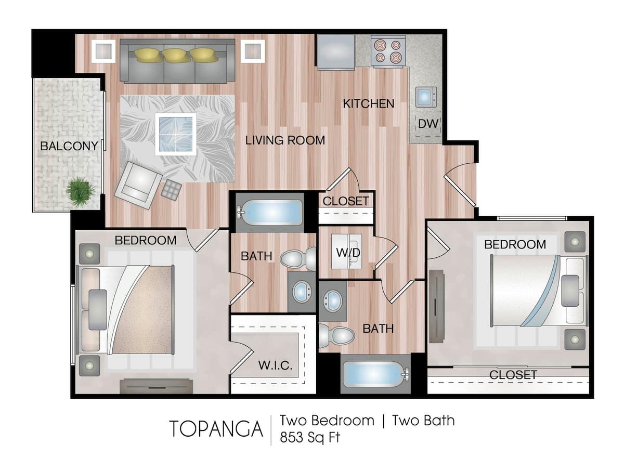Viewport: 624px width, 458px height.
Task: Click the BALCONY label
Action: click(69, 146)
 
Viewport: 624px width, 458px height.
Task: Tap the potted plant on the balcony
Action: click(80, 191)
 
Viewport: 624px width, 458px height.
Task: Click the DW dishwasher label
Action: click(428, 124)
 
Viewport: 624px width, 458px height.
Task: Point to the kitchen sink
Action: click(426, 97)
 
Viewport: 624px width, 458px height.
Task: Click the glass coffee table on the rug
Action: click(175, 134)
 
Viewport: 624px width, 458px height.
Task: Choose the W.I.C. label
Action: click(275, 365)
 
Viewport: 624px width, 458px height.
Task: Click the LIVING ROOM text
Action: click(285, 140)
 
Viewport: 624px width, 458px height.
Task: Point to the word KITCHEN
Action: click(368, 103)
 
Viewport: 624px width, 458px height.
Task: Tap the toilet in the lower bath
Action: click(335, 335)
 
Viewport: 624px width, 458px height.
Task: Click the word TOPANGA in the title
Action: click(216, 428)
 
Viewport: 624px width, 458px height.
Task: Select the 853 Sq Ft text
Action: click(310, 437)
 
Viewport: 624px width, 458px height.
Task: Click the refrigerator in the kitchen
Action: click(336, 51)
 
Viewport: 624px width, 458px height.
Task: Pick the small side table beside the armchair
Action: click(171, 189)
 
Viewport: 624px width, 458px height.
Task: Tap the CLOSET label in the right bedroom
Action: click(513, 374)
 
